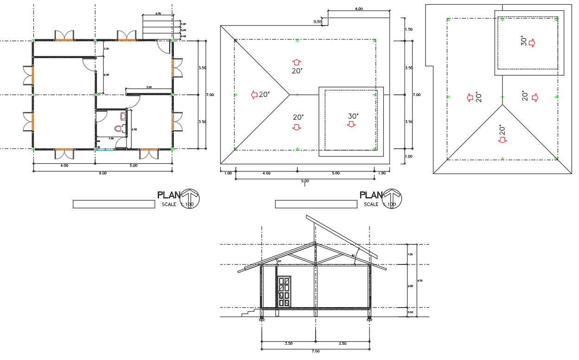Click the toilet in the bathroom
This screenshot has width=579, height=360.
point(119,128)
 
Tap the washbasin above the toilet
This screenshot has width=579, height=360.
point(123,116)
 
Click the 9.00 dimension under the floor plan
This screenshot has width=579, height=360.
point(103,174)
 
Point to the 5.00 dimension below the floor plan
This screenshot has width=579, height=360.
point(133,166)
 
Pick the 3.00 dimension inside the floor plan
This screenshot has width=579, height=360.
point(148,87)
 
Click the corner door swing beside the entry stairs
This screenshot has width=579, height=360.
point(163,46)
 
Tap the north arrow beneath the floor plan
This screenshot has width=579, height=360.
point(190,198)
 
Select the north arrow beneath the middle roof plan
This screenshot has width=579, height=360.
point(392,198)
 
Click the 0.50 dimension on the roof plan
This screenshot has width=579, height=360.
point(318,22)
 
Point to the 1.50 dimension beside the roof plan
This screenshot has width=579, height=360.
point(408,29)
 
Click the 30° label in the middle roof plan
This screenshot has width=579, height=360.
point(354,116)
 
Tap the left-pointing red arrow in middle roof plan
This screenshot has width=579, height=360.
point(254,95)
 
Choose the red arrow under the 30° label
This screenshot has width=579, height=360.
point(351,124)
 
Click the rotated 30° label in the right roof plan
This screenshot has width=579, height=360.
point(523,42)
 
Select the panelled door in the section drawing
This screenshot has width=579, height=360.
point(284,291)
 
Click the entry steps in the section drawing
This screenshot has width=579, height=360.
point(250,313)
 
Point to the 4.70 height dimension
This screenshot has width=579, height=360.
point(420,280)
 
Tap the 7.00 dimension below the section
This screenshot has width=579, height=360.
point(315,351)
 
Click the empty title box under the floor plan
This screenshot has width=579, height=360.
point(114,204)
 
